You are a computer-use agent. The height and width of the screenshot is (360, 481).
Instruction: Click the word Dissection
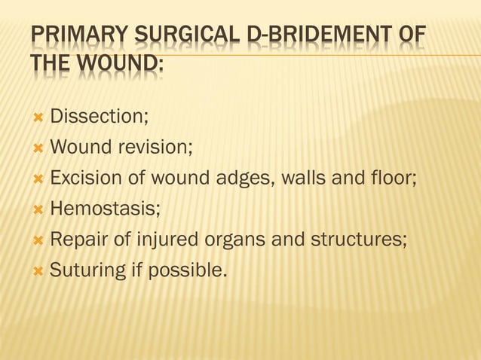coord(97,116)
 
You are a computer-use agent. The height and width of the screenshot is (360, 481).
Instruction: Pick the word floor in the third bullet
coord(389,178)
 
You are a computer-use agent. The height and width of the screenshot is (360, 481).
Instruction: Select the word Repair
coord(75,239)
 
